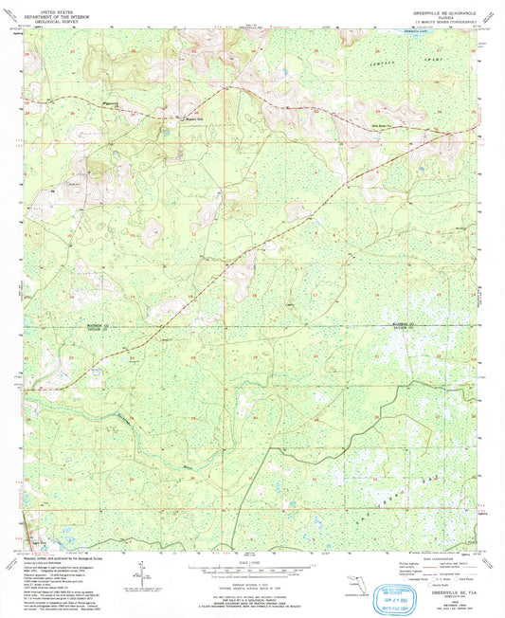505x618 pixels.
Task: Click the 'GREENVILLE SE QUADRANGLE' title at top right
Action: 446,10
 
